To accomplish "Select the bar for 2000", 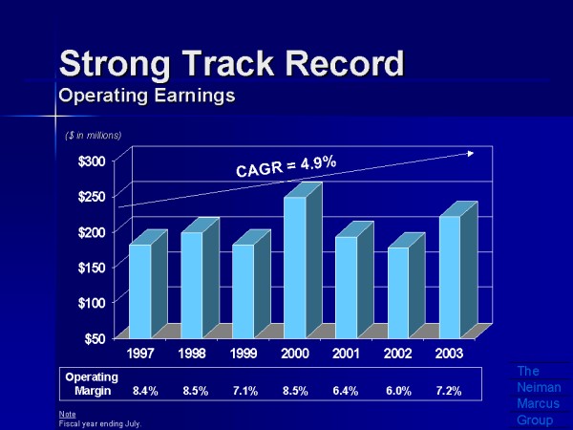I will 295,268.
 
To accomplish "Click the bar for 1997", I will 140,290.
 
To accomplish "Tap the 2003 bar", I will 450,277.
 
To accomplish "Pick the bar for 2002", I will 398,292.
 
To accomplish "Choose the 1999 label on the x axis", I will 244,354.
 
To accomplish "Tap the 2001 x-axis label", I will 347,354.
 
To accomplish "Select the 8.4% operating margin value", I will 145,391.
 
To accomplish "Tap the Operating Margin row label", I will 92,383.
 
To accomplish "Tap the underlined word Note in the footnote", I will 66,413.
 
